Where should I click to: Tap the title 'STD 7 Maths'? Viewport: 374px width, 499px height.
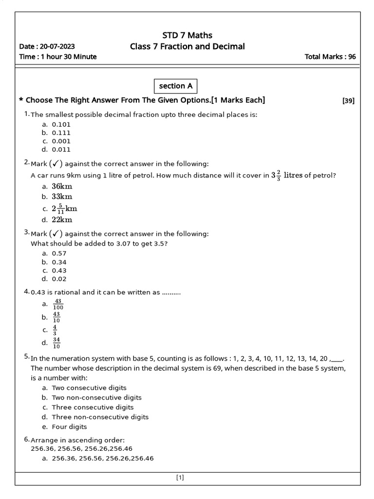pos(187,35)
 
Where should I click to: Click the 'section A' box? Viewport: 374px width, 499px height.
pos(176,86)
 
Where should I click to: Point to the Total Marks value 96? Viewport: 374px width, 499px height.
pos(352,57)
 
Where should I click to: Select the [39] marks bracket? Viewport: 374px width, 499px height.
pos(348,101)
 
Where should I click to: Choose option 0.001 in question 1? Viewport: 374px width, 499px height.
pos(61,141)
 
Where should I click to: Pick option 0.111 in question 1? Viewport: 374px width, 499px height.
pos(61,133)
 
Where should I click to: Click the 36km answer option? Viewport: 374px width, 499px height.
pos(62,186)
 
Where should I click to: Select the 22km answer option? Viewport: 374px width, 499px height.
pos(62,220)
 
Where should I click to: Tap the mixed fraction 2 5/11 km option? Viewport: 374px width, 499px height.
pos(64,209)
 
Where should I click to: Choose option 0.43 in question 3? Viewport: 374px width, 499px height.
pos(59,270)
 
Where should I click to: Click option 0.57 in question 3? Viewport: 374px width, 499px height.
pos(59,253)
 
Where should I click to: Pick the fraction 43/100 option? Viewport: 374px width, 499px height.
pos(58,305)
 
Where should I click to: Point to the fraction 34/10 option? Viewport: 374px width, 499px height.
pos(56,343)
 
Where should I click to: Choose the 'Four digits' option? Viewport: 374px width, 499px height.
pos(69,427)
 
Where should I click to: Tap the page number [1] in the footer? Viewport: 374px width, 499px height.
pos(180,478)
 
